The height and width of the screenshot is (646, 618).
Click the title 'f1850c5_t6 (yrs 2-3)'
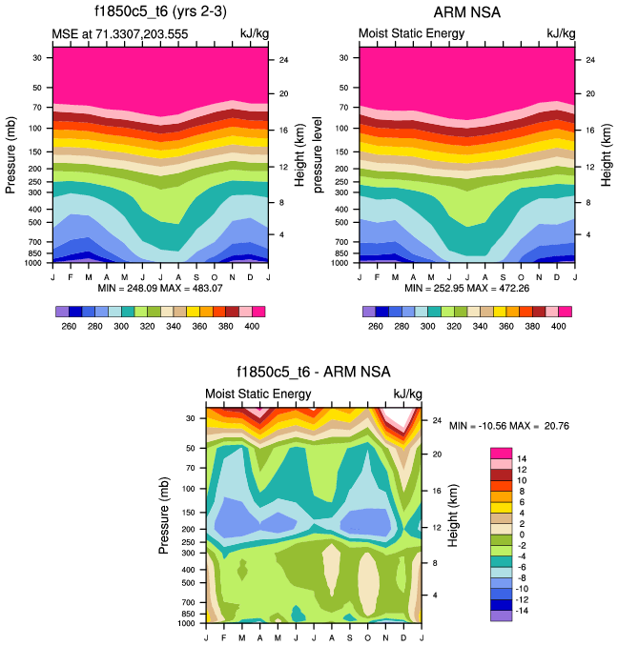[159, 13]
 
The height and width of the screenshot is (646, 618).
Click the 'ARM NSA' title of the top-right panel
[466, 13]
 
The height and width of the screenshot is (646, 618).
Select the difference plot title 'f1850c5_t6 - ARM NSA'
[313, 372]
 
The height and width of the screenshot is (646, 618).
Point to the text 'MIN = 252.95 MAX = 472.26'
[467, 288]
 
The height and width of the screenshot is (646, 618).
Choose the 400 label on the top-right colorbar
[559, 326]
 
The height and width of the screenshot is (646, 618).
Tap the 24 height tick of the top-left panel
[283, 60]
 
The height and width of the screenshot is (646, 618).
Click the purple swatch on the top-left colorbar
[62, 312]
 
